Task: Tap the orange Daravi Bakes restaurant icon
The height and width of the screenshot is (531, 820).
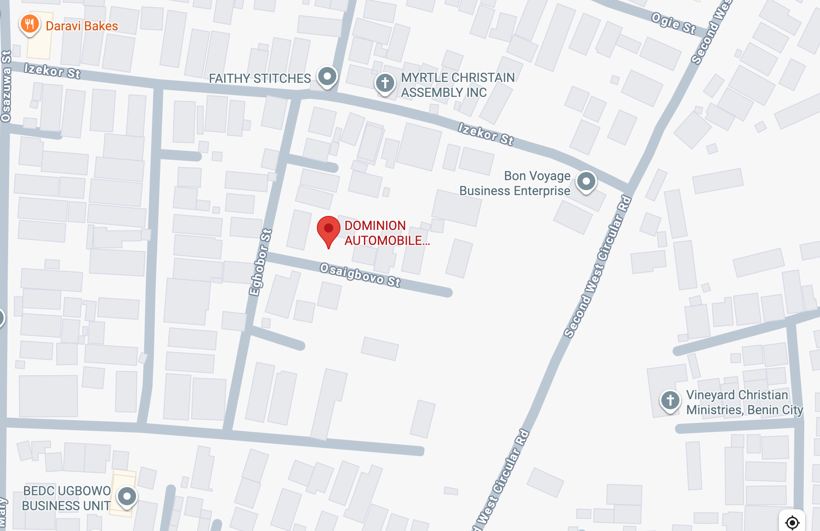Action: pyautogui.click(x=29, y=24)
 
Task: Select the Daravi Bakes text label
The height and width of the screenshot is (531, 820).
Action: pyautogui.click(x=82, y=26)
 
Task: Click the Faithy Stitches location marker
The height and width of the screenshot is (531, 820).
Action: pyautogui.click(x=327, y=76)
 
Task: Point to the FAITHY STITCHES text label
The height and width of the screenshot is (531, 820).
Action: pyautogui.click(x=259, y=79)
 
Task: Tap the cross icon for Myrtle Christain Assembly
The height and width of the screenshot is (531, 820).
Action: pyautogui.click(x=385, y=83)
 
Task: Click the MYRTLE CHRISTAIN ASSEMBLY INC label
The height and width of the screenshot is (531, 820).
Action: pyautogui.click(x=457, y=85)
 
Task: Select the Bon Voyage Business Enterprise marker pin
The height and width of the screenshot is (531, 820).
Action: pyautogui.click(x=586, y=182)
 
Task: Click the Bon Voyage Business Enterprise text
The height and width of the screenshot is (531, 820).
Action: pyautogui.click(x=515, y=183)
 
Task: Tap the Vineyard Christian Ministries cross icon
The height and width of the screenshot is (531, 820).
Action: pyautogui.click(x=670, y=400)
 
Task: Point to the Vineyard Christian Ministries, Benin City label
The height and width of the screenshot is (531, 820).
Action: pyautogui.click(x=744, y=402)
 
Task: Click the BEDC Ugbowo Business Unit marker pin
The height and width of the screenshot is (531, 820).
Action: pyautogui.click(x=127, y=497)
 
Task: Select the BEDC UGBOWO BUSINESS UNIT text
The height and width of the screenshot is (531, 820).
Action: pyautogui.click(x=66, y=498)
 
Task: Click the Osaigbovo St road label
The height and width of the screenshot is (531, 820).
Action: pyautogui.click(x=360, y=275)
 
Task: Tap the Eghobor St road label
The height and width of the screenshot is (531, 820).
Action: pyautogui.click(x=260, y=263)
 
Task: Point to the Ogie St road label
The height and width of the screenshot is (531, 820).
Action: pyautogui.click(x=673, y=24)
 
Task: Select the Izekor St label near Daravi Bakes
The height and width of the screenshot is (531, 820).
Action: pyautogui.click(x=52, y=71)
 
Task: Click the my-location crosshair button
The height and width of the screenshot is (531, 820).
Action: pyautogui.click(x=792, y=522)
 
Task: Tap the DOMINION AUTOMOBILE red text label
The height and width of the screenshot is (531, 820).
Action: pyautogui.click(x=386, y=233)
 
